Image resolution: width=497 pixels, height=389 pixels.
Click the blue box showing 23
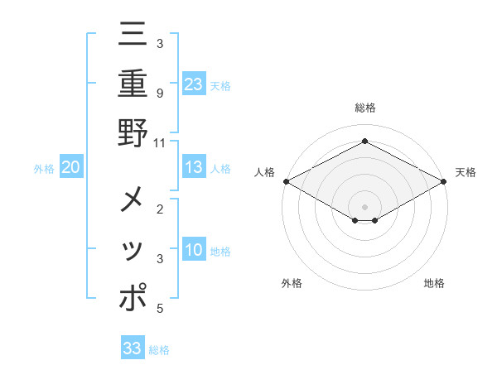(194, 84)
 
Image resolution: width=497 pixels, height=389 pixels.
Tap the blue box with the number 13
(194, 167)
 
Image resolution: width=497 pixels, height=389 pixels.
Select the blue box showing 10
(194, 250)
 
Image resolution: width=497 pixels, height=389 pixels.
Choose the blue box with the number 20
(71, 167)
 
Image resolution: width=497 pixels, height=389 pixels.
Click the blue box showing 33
(133, 348)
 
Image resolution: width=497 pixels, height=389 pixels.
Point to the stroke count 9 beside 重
(159, 93)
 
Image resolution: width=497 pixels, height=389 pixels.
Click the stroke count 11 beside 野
(159, 142)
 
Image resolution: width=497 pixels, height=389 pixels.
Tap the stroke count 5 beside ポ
(159, 309)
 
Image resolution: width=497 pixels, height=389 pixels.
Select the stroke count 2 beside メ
(159, 209)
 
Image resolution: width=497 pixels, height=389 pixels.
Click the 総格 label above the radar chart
(364, 108)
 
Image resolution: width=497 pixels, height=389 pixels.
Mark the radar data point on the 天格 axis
(445, 182)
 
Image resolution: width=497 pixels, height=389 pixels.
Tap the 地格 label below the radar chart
(434, 283)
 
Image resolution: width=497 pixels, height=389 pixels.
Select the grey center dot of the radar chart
(364, 206)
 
